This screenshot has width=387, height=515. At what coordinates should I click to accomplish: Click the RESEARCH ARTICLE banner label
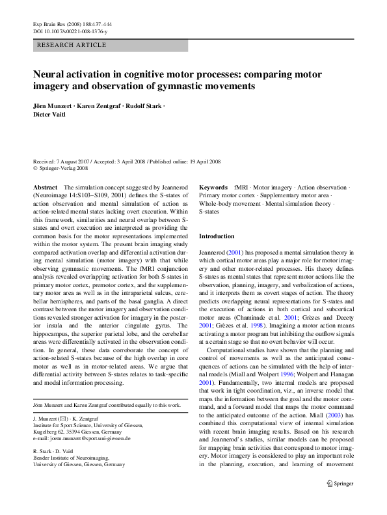coord(72,45)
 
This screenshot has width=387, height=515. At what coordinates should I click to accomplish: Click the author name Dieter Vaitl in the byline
coord(50,115)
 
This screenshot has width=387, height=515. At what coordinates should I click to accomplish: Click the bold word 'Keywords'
coord(213,187)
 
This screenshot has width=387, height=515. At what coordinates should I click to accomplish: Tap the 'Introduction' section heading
coord(217,236)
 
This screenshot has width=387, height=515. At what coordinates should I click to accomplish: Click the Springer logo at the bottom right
coord(341,482)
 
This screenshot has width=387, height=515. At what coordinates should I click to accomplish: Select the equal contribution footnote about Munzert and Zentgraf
coord(107,405)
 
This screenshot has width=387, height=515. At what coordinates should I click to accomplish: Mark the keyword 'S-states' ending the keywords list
coord(209,212)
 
